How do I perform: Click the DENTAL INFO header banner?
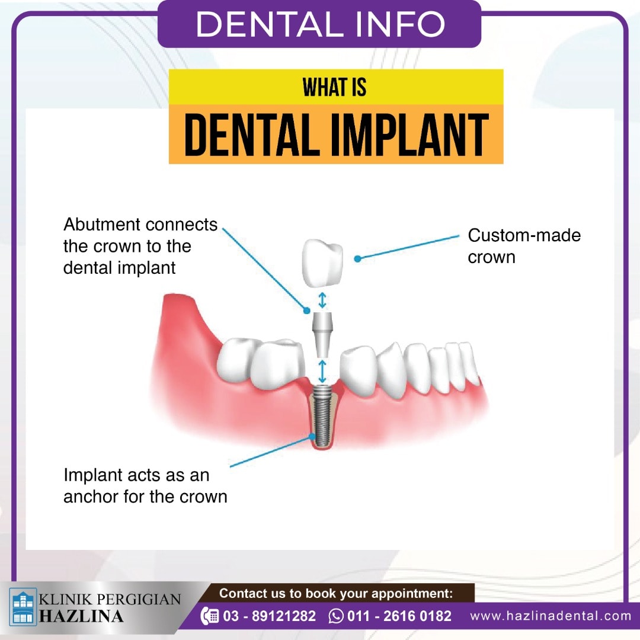point(319,24)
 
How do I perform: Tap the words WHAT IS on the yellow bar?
point(334,87)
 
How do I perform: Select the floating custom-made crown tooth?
point(322,264)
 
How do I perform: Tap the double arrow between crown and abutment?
point(322,300)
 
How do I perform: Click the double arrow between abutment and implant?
point(322,371)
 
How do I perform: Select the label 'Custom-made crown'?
point(524,246)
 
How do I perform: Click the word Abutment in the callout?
point(102,225)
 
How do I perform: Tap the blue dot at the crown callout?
point(357,259)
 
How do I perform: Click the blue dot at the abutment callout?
point(307,311)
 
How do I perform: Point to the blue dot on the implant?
point(312,436)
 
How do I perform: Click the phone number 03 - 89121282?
point(270,616)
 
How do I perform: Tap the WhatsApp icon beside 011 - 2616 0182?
point(336,616)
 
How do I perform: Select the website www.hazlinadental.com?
point(551,616)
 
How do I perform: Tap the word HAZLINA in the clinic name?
point(81,616)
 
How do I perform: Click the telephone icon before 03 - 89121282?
point(210,616)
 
